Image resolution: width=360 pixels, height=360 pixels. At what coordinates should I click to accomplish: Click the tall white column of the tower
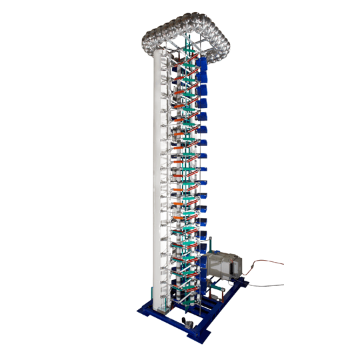pos(161,180)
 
